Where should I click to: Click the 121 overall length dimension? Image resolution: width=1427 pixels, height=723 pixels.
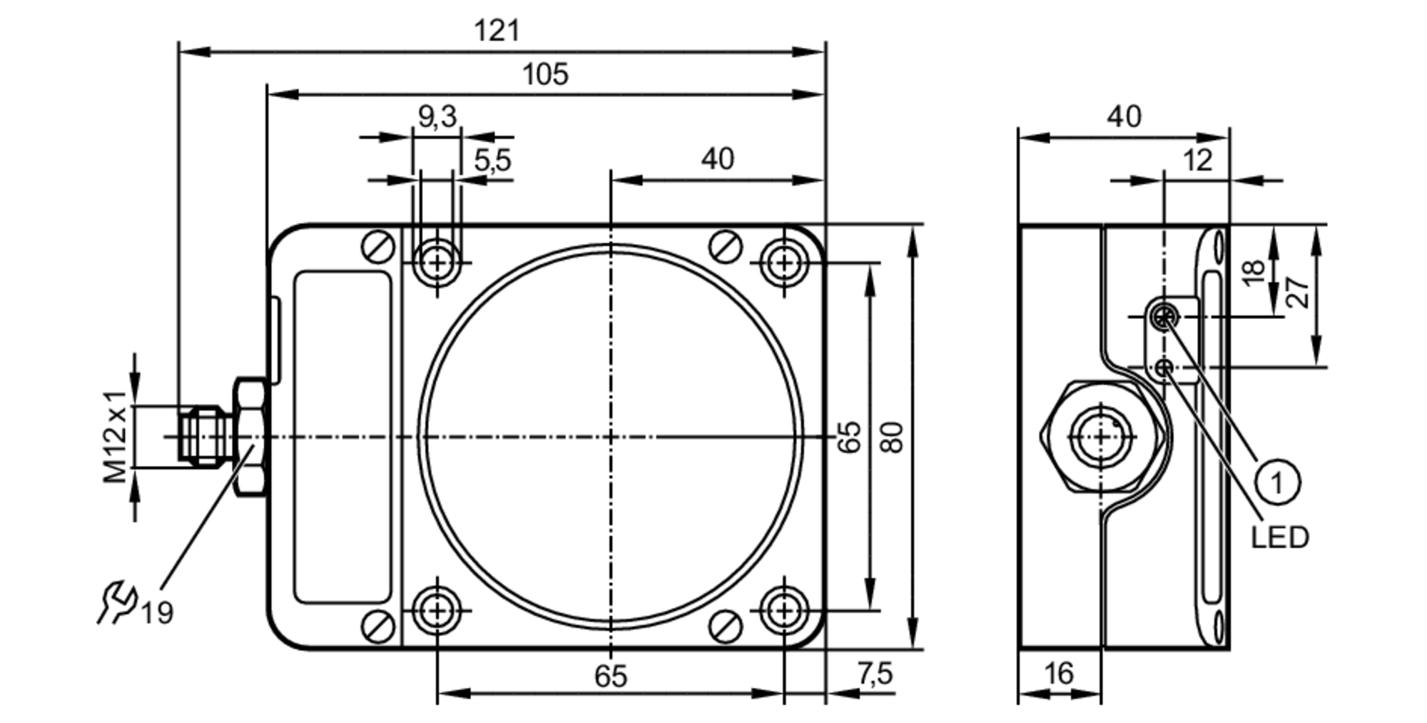(x=497, y=31)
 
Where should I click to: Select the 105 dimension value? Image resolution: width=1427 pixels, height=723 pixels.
(x=545, y=74)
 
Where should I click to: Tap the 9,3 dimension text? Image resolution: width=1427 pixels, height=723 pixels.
(x=437, y=116)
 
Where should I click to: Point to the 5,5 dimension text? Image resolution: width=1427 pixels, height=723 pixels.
(x=492, y=161)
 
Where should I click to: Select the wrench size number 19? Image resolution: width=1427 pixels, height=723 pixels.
(x=156, y=613)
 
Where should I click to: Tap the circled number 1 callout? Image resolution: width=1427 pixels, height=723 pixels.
(x=1276, y=483)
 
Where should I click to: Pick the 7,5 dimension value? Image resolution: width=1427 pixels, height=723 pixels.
(x=875, y=673)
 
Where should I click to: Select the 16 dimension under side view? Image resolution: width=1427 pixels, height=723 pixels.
(x=1058, y=673)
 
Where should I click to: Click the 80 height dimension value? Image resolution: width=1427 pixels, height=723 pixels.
(x=893, y=438)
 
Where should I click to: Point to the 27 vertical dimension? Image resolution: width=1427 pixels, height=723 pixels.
(x=1299, y=292)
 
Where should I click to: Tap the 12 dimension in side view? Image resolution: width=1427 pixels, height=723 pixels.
(x=1197, y=161)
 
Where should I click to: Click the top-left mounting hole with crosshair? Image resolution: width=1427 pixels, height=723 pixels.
(x=437, y=263)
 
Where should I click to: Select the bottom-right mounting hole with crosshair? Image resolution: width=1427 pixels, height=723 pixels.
(x=784, y=611)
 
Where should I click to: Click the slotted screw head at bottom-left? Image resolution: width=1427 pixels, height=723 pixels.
(x=378, y=627)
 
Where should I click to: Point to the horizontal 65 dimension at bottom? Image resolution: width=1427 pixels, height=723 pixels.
(x=610, y=676)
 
